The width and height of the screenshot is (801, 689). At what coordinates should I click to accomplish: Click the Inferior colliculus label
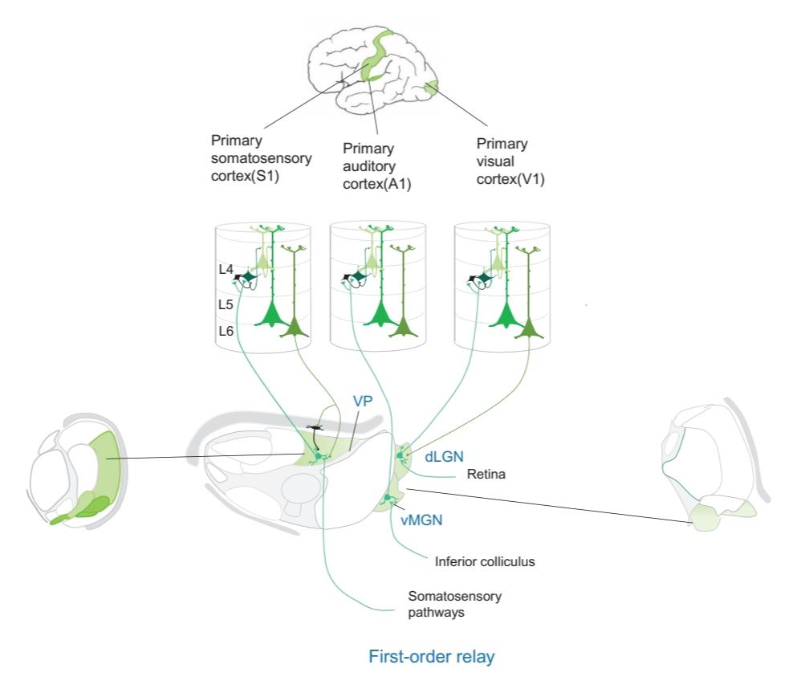tap(484, 562)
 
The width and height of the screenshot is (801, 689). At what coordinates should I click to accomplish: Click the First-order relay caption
tap(431, 657)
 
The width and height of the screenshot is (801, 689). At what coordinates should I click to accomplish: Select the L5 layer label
tap(226, 306)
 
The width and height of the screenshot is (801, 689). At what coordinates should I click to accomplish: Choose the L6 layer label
tap(226, 330)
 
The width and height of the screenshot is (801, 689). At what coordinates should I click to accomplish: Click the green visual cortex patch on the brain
tap(432, 86)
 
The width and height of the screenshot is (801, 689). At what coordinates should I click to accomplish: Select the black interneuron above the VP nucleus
tap(314, 428)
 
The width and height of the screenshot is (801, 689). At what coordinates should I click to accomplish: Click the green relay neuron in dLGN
tap(400, 456)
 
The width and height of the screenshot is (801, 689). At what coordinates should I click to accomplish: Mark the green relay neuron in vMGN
tap(388, 499)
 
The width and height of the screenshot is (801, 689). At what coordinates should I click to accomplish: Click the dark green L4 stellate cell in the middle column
tap(359, 276)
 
